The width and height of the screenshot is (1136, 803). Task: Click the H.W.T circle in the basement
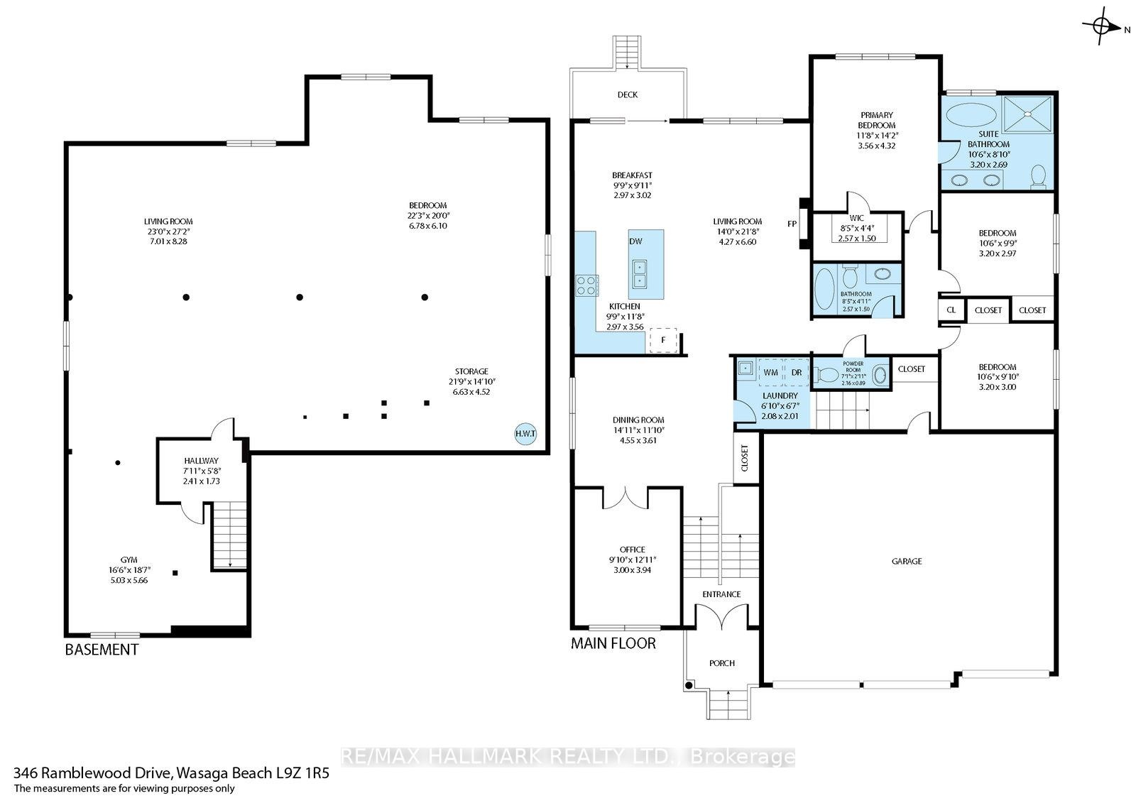coord(525,435)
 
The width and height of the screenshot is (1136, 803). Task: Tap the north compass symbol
coord(1101,26)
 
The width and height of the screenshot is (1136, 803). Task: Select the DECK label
coord(628,95)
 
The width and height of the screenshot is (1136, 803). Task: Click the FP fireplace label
coord(792,224)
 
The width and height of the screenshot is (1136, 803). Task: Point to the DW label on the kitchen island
coord(635,241)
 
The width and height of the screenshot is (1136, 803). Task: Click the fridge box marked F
coord(663,340)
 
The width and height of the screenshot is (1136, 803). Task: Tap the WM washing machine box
coord(770,372)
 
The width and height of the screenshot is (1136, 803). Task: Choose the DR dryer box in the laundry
coord(796,372)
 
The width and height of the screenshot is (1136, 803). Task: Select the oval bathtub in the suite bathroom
coord(971,114)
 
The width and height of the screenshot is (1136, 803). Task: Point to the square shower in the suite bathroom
coord(1027,114)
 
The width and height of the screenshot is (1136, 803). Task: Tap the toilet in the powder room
coord(826,375)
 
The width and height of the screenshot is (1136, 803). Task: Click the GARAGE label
coord(907,561)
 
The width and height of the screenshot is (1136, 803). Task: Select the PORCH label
coord(721,663)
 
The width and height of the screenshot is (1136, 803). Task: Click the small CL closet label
coord(951,310)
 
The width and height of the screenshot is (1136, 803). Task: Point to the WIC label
coord(856,218)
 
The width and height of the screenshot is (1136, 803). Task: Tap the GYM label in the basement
coord(129,560)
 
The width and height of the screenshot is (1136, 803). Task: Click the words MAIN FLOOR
coord(613,644)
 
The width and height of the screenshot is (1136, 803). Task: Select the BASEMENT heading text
coord(102,650)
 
